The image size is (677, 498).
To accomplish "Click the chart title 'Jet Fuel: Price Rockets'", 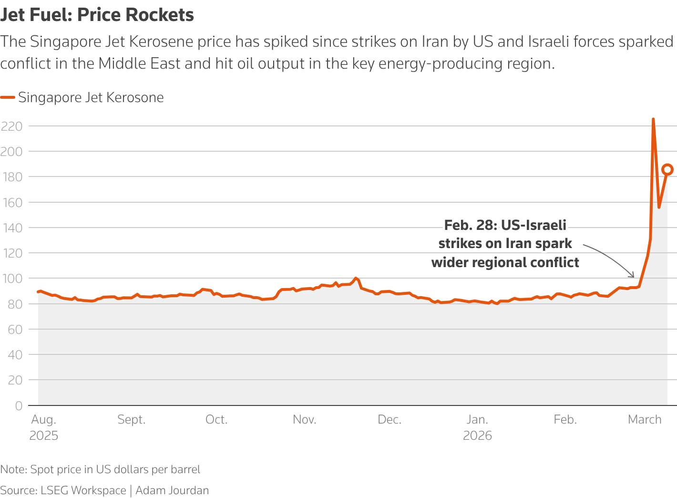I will point(97,15).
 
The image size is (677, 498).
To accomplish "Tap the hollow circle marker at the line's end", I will point(667,169).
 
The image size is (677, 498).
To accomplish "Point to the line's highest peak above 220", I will point(653,119).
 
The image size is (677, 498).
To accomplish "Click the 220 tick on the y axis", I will point(12,126).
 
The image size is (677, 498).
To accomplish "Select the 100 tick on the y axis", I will point(12,279).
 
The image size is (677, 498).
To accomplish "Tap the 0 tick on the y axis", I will point(19,405).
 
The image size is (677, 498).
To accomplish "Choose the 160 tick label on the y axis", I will point(12,202).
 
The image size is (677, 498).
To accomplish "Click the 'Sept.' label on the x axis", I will point(132,420).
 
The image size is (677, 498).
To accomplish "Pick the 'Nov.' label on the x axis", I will point(304,420).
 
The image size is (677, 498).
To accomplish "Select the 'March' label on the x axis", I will point(645,420).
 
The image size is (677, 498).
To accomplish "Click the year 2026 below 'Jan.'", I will point(477,436).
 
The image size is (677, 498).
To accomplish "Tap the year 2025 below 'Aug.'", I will point(44,436).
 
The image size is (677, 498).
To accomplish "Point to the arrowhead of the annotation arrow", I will point(633,276).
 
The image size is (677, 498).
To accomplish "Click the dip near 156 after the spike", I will point(659,207).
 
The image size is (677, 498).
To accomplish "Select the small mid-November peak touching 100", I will point(355,278).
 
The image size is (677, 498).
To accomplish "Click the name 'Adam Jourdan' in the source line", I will point(172,490).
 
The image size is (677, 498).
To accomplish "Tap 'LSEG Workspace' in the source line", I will point(83,490).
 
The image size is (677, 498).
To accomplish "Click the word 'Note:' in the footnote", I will point(14,469).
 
